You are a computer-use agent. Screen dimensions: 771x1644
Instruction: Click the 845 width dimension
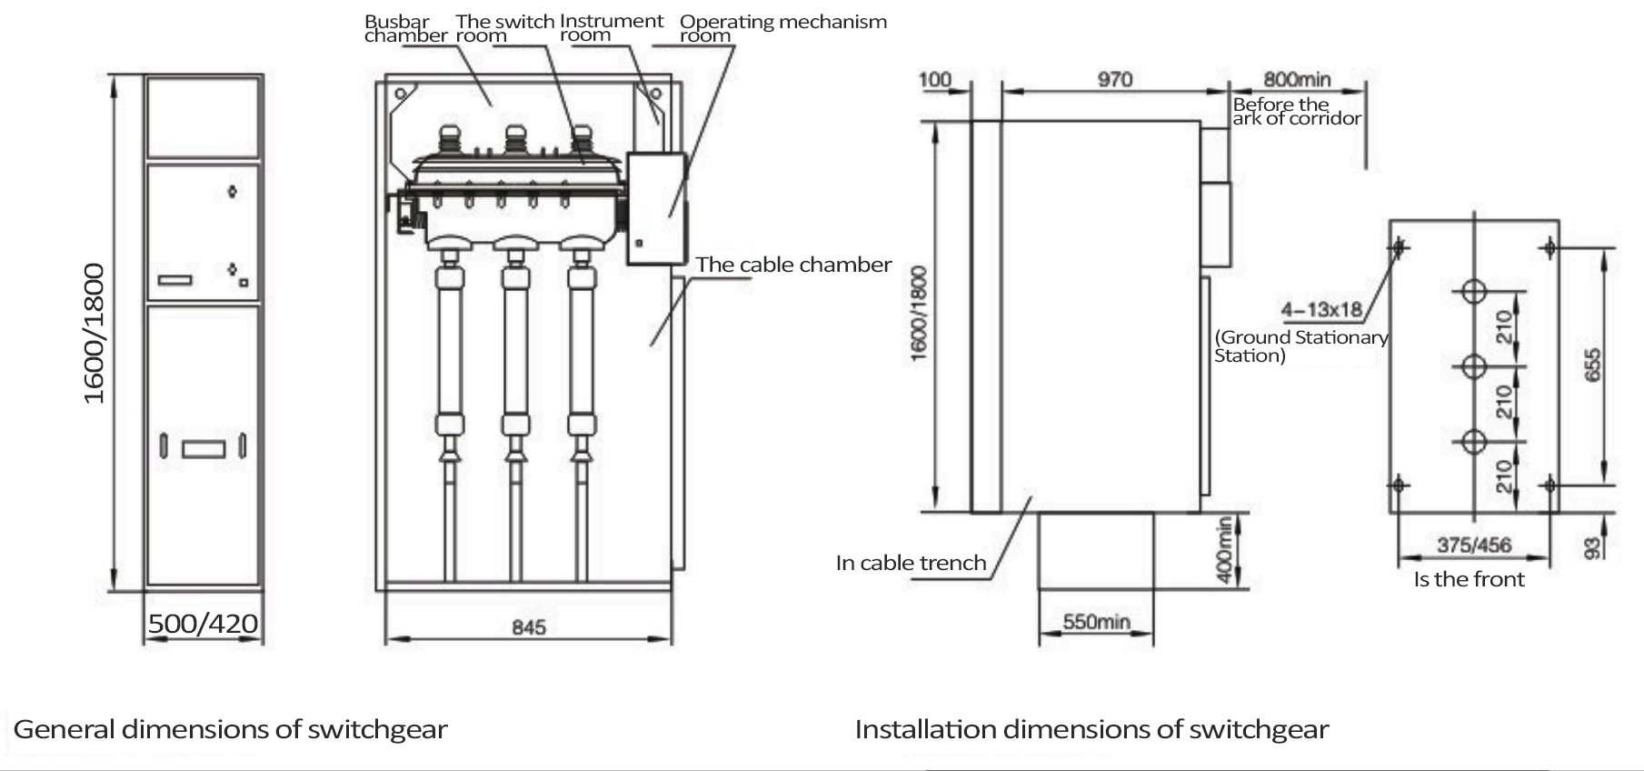528,627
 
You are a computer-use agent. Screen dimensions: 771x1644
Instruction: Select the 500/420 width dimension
203,624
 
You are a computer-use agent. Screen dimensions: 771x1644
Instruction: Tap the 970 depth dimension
1114,79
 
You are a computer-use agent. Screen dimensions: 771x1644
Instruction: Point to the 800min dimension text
1297,80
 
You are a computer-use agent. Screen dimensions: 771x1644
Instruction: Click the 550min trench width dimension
1096,622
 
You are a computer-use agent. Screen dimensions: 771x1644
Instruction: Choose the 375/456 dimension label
1473,545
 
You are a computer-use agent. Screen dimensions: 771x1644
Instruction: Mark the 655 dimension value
1592,365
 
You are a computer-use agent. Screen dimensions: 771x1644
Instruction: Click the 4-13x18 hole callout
1321,309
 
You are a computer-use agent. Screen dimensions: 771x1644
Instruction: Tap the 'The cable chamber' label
793,265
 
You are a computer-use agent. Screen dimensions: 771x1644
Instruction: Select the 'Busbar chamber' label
405,28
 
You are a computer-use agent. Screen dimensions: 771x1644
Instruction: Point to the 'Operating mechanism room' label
782,28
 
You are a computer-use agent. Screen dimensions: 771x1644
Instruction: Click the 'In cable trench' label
911,563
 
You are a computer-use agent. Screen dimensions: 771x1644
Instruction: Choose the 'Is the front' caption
1469,579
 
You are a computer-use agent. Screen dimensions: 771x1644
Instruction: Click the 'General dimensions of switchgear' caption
230,729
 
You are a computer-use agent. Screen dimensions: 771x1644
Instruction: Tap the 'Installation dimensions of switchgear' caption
1091,729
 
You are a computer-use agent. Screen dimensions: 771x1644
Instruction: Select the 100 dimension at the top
934,79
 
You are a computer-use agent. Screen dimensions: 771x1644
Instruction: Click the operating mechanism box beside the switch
655,209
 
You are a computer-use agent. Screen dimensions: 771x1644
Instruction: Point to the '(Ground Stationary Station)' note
1300,346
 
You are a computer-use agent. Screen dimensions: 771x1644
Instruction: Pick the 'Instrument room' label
611,28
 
